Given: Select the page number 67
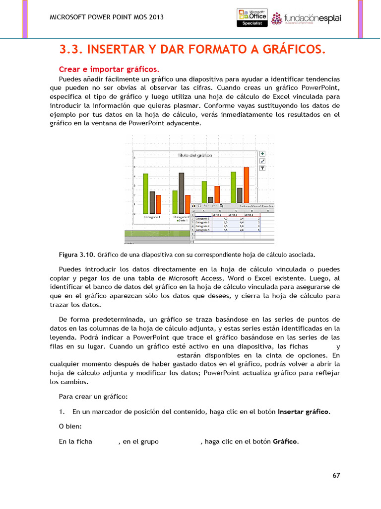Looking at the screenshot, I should tap(336, 476).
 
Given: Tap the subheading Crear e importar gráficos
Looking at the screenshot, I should tap(109, 69).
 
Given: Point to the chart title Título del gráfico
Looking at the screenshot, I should tap(195, 156).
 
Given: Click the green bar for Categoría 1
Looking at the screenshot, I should tap(146, 193).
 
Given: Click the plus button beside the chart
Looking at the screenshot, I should tap(262, 154).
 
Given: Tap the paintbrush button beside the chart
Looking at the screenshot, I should tap(262, 161).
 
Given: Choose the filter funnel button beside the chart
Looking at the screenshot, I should tap(262, 169).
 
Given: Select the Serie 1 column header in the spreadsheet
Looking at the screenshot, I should tap(216, 214).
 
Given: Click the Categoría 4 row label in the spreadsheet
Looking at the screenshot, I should tap(202, 230).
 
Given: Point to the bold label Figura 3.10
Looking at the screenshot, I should tap(77, 255).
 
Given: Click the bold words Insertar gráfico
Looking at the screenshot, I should tap(303, 412).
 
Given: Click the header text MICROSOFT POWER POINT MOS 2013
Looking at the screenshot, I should tap(107, 17).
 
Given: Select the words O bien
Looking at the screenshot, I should tap(70, 426).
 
